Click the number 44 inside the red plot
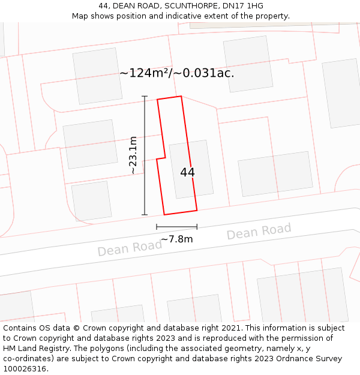click(x=187, y=172)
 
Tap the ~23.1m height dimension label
click(x=133, y=155)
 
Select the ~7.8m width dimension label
click(x=177, y=239)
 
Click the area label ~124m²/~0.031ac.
click(x=176, y=73)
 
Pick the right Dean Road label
click(x=259, y=231)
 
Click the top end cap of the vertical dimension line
click(x=144, y=96)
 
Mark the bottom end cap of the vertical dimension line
click(x=144, y=214)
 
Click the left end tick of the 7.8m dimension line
click(x=157, y=227)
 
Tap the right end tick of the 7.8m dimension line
click(x=197, y=227)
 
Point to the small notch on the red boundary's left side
click(x=160, y=158)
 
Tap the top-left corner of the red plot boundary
click(x=157, y=100)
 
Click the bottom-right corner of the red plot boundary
click(x=197, y=210)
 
